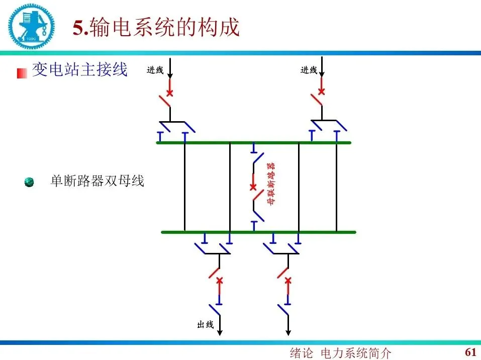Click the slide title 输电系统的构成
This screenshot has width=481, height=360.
156,27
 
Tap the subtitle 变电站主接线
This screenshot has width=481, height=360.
80,69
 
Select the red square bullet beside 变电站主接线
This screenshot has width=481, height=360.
22,73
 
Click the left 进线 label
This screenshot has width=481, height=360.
155,70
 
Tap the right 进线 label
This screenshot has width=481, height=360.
309,70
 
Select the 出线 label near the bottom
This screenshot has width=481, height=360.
206,325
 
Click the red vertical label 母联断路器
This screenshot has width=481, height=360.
270,184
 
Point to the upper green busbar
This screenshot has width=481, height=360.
254,143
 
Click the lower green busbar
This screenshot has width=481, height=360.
258,232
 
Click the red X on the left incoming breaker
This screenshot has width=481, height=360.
170,93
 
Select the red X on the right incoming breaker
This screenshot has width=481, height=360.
322,92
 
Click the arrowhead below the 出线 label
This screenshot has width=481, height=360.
220,331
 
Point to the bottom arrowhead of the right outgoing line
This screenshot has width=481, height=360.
288,331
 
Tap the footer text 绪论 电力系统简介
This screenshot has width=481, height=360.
341,353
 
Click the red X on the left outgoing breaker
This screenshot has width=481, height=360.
219,280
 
